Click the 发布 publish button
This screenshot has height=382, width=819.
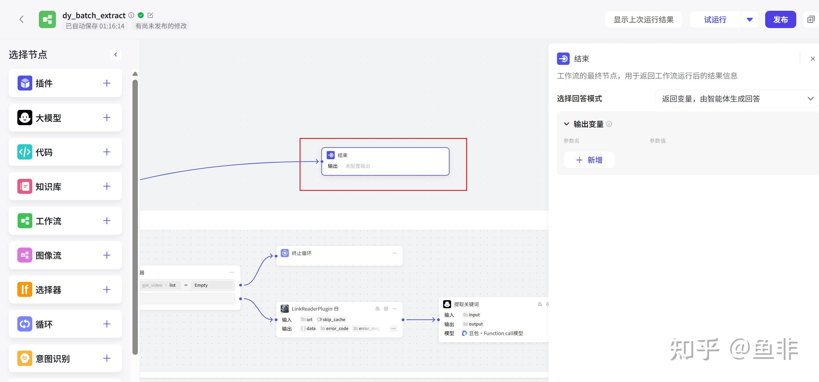pyautogui.click(x=780, y=19)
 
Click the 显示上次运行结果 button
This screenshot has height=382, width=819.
pyautogui.click(x=643, y=19)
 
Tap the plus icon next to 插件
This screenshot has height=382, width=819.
pyautogui.click(x=107, y=83)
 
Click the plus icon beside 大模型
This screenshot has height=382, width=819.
pyautogui.click(x=107, y=117)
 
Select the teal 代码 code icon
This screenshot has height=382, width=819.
pyautogui.click(x=25, y=152)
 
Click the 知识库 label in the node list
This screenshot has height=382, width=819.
pyautogui.click(x=48, y=186)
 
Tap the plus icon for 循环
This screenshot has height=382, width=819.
pyautogui.click(x=107, y=324)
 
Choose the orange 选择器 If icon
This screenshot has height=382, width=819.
pyautogui.click(x=25, y=290)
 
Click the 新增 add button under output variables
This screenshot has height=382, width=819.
pyautogui.click(x=589, y=160)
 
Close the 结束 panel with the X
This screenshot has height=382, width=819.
pyautogui.click(x=813, y=59)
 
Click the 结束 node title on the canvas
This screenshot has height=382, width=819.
pyautogui.click(x=342, y=155)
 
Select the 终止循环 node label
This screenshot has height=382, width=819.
pyautogui.click(x=301, y=253)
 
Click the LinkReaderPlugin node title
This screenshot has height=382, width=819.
pyautogui.click(x=312, y=309)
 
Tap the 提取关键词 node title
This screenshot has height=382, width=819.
pyautogui.click(x=466, y=304)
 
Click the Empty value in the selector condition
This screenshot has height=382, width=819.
pyautogui.click(x=201, y=285)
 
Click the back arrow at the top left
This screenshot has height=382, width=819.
pyautogui.click(x=21, y=19)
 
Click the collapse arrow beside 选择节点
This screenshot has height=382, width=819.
pyautogui.click(x=116, y=55)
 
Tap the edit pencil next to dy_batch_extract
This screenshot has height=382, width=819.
pyautogui.click(x=150, y=15)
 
